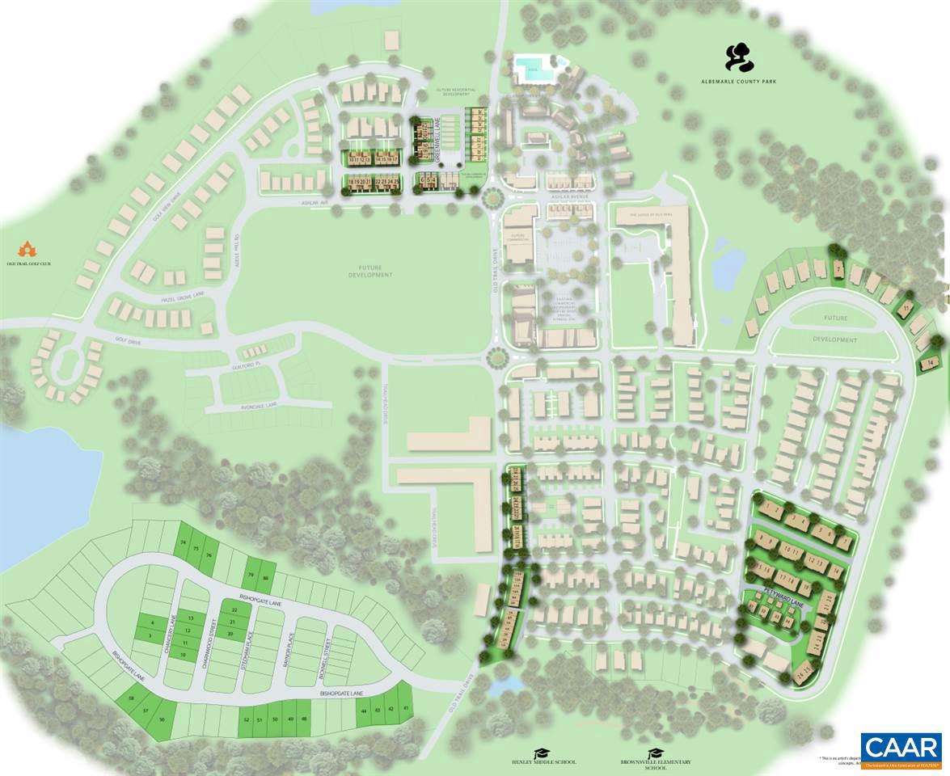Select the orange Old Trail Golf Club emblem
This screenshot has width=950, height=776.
[x=28, y=247]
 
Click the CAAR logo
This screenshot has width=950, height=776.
[x=901, y=751]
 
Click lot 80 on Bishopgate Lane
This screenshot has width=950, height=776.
[x=265, y=576]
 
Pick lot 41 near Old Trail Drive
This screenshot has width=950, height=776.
[x=406, y=709]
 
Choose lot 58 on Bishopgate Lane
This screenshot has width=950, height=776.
[x=131, y=698]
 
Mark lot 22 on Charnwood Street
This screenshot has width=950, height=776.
[x=234, y=609]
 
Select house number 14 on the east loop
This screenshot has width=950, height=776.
[x=930, y=363]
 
